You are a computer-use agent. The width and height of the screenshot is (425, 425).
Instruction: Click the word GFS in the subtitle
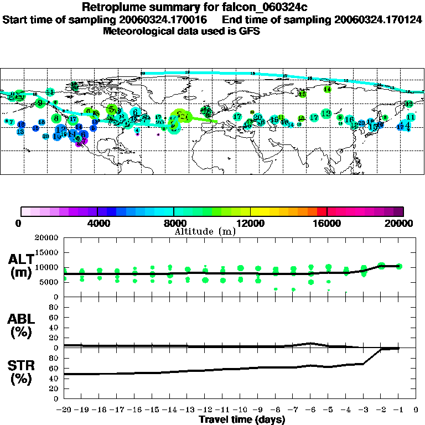tap(250, 31)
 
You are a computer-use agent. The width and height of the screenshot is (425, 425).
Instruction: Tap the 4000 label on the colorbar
tap(97, 223)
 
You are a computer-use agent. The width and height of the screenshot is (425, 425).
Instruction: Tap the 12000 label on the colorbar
tap(250, 223)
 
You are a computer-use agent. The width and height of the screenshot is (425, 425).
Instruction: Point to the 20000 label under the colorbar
tap(402, 223)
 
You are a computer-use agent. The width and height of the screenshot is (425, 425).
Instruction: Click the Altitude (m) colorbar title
tap(205, 231)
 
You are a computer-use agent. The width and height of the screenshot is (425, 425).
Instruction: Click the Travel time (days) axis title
tap(242, 420)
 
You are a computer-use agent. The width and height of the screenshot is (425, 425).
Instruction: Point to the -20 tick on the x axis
tap(64, 410)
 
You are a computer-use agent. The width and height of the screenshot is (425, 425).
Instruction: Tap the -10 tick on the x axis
tap(240, 410)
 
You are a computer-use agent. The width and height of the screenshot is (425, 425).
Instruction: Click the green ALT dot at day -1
tap(399, 266)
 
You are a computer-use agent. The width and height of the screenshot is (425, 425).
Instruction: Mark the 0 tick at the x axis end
tap(416, 410)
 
